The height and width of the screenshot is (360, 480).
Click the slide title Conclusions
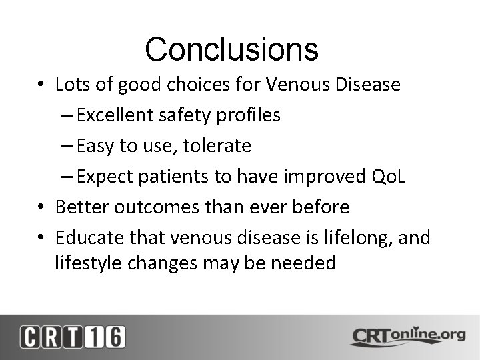(x=231, y=49)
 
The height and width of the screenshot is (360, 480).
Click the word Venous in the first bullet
(x=296, y=85)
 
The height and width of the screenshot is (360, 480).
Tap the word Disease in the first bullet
(x=367, y=85)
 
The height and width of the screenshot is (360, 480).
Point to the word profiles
(x=249, y=115)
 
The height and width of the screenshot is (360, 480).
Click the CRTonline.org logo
(x=407, y=336)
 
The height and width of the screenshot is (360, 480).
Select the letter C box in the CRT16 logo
(x=31, y=337)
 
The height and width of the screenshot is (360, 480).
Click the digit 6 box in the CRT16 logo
(x=114, y=337)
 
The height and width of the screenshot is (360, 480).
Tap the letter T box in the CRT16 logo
(x=72, y=337)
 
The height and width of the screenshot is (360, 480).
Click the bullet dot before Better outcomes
(x=41, y=207)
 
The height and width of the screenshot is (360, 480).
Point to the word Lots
(x=71, y=85)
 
